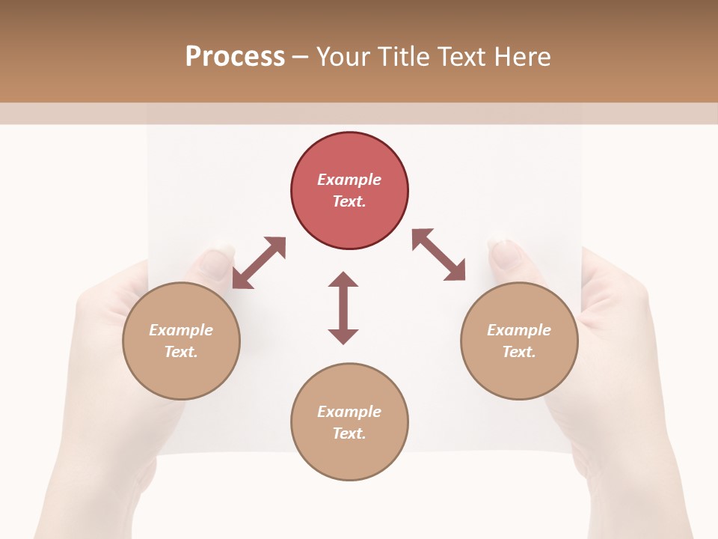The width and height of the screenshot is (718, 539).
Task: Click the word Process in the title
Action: pos(235,57)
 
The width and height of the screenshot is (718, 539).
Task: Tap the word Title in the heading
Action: pos(403,57)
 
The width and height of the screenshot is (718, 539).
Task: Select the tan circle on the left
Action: pos(181,374)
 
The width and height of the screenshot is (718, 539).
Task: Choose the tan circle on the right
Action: pos(519,374)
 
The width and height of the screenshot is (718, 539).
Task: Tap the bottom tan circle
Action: pos(349,457)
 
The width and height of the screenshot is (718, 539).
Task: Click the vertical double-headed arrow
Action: pos(343,308)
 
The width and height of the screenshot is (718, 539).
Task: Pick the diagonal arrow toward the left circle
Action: pos(259,263)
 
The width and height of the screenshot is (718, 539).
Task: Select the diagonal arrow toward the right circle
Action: pos(439,255)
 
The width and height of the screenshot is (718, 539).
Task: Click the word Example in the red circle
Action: pos(349,180)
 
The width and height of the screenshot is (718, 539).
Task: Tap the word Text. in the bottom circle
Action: pos(349,433)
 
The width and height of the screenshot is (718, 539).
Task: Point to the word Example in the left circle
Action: pos(181,330)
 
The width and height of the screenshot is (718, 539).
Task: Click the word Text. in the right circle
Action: pos(519,352)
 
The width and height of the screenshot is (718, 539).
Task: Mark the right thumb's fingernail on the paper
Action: pos(506,255)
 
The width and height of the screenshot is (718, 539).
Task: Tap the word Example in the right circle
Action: pos(519,330)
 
